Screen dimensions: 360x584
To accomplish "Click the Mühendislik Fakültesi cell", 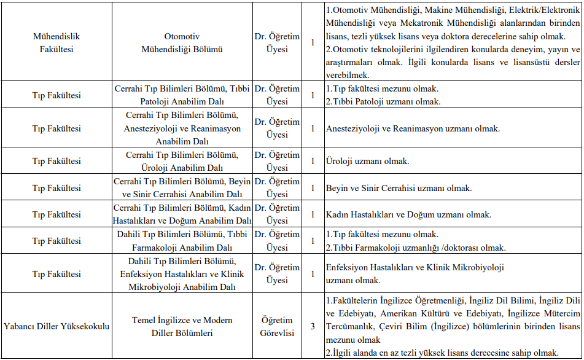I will [56, 42].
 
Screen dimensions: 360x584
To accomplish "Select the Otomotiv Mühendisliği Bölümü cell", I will [182, 42].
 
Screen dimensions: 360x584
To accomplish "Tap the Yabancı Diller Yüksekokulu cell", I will [56, 326].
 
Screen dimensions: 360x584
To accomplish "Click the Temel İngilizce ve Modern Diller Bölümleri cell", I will [182, 326].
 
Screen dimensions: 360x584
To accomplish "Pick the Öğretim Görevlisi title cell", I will [277, 326].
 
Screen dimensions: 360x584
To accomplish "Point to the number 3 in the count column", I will [313, 326].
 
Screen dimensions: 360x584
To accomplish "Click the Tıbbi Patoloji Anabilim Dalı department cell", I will [182, 95].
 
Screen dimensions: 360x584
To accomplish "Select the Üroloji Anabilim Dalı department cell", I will [182, 161].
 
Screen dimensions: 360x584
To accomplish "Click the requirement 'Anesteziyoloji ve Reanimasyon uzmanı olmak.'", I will [413, 128].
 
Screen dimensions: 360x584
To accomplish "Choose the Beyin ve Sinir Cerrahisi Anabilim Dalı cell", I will [182, 188].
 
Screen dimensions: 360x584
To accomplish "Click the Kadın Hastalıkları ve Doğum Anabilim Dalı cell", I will [182, 214].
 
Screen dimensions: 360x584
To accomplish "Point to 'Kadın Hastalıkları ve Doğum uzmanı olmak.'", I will [408, 214].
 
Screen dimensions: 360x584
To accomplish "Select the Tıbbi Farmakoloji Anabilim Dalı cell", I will [182, 241].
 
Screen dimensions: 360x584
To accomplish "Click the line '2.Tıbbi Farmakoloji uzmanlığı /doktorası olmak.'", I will [416, 248].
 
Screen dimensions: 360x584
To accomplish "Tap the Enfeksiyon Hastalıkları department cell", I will [182, 274].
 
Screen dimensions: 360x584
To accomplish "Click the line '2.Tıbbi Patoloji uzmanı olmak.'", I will [383, 101].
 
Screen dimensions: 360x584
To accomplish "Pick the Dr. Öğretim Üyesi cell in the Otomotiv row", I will [277, 42].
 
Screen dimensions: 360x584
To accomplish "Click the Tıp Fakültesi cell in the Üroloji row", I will [56, 161].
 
